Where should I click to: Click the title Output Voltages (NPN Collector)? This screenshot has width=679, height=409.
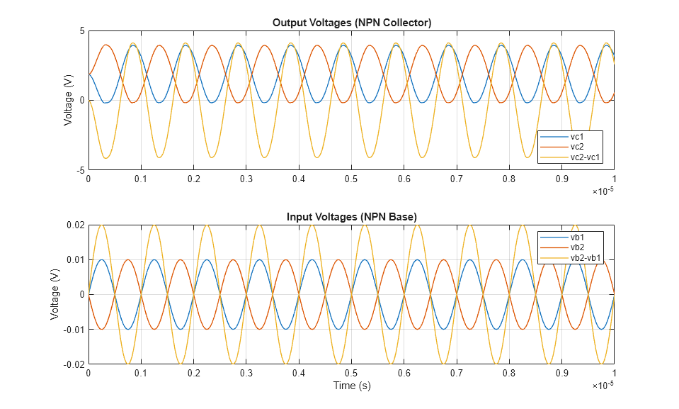(x=352, y=23)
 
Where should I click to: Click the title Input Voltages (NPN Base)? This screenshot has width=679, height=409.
(x=352, y=216)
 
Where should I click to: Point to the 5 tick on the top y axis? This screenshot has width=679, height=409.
(x=81, y=31)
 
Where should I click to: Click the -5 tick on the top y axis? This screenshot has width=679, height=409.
(x=80, y=171)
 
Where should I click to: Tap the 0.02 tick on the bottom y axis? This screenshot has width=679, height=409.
(x=75, y=225)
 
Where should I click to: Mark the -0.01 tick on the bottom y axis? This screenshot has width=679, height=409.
(x=74, y=330)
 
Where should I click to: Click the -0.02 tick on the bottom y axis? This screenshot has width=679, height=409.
(x=74, y=364)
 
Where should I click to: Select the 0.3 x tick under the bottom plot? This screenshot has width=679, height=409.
(x=246, y=374)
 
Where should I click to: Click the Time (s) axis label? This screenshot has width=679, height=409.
(x=352, y=386)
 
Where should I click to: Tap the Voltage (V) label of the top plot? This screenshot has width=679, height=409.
(x=68, y=101)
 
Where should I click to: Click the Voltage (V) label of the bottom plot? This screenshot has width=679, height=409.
(x=55, y=294)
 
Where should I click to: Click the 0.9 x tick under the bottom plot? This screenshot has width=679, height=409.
(x=561, y=374)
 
